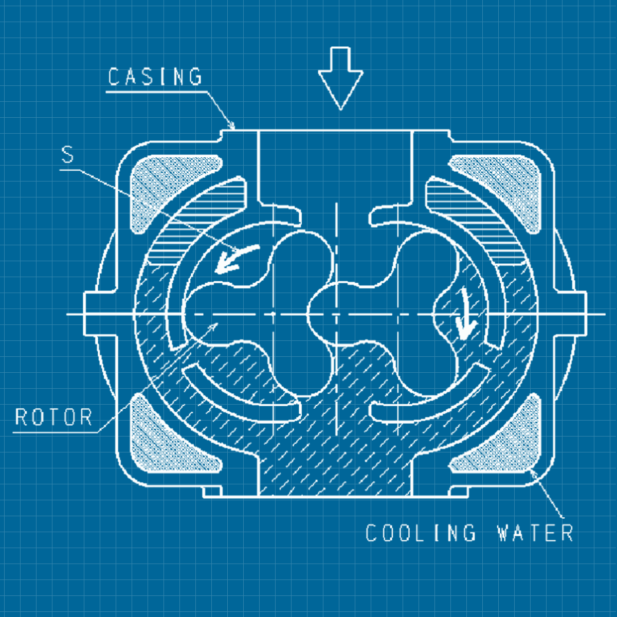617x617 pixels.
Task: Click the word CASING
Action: (155, 77)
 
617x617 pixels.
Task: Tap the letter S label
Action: (68, 154)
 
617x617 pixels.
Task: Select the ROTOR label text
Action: (53, 416)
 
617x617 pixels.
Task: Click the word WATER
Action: (535, 533)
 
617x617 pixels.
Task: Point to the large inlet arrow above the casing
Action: (340, 77)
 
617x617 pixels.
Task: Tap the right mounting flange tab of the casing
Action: (571, 314)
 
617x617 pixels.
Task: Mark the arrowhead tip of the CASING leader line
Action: (234, 128)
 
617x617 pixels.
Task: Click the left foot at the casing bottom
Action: (212, 492)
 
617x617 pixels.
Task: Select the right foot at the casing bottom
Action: (459, 492)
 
